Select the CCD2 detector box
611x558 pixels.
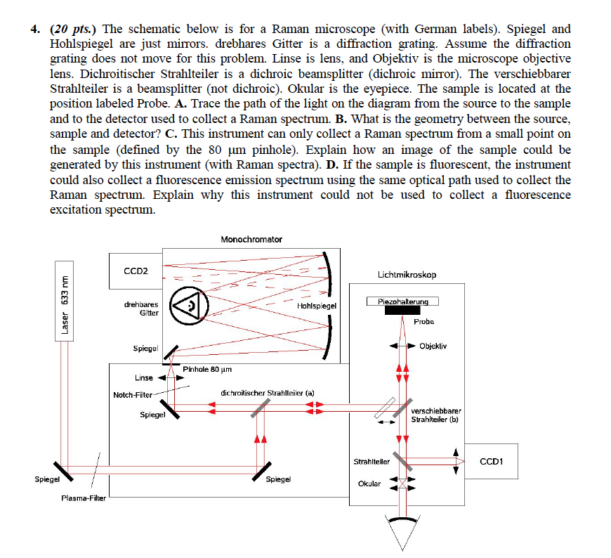click(x=136, y=271)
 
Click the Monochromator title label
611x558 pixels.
click(x=251, y=240)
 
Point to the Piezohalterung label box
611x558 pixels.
click(x=402, y=301)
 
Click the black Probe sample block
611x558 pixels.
click(x=402, y=311)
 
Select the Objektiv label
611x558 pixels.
click(x=433, y=346)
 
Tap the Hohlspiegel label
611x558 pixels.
click(x=317, y=306)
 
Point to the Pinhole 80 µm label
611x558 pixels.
click(x=207, y=369)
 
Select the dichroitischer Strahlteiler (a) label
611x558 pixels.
click(x=267, y=393)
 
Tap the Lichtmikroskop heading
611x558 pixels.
click(x=407, y=275)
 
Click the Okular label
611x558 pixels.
click(x=369, y=484)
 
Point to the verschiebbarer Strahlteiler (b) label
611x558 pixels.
click(x=435, y=415)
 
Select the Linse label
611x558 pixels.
click(x=144, y=378)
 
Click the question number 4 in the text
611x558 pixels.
click(x=33, y=30)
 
